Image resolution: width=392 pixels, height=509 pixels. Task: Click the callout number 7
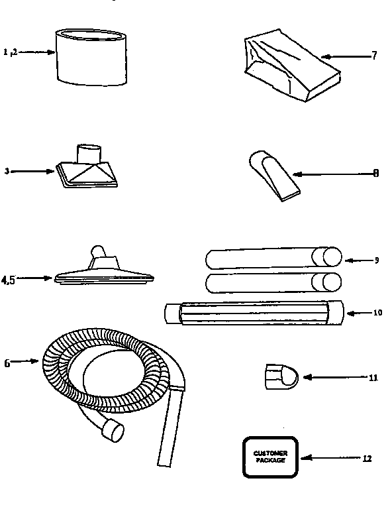coord(374,56)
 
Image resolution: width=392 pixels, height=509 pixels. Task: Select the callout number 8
coord(375,174)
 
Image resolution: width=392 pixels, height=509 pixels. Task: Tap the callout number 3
coord(7,171)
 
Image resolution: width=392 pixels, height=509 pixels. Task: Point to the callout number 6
coord(7,362)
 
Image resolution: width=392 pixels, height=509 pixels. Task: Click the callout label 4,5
coord(9,280)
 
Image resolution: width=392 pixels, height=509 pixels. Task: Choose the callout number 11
coord(373,378)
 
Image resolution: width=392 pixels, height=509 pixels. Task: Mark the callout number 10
coord(377,312)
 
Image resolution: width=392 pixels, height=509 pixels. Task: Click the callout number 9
coord(376,260)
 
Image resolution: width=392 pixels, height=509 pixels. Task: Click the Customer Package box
coord(270,457)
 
